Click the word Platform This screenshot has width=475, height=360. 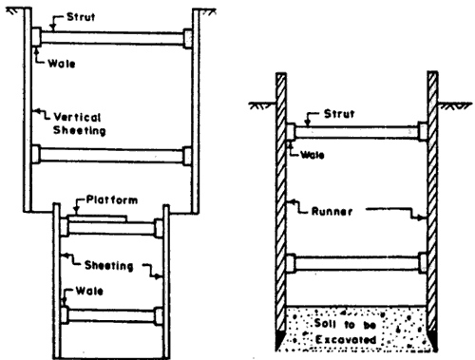point(104,202)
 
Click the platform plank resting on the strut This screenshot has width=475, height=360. point(95,218)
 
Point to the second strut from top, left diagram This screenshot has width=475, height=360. point(111,154)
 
